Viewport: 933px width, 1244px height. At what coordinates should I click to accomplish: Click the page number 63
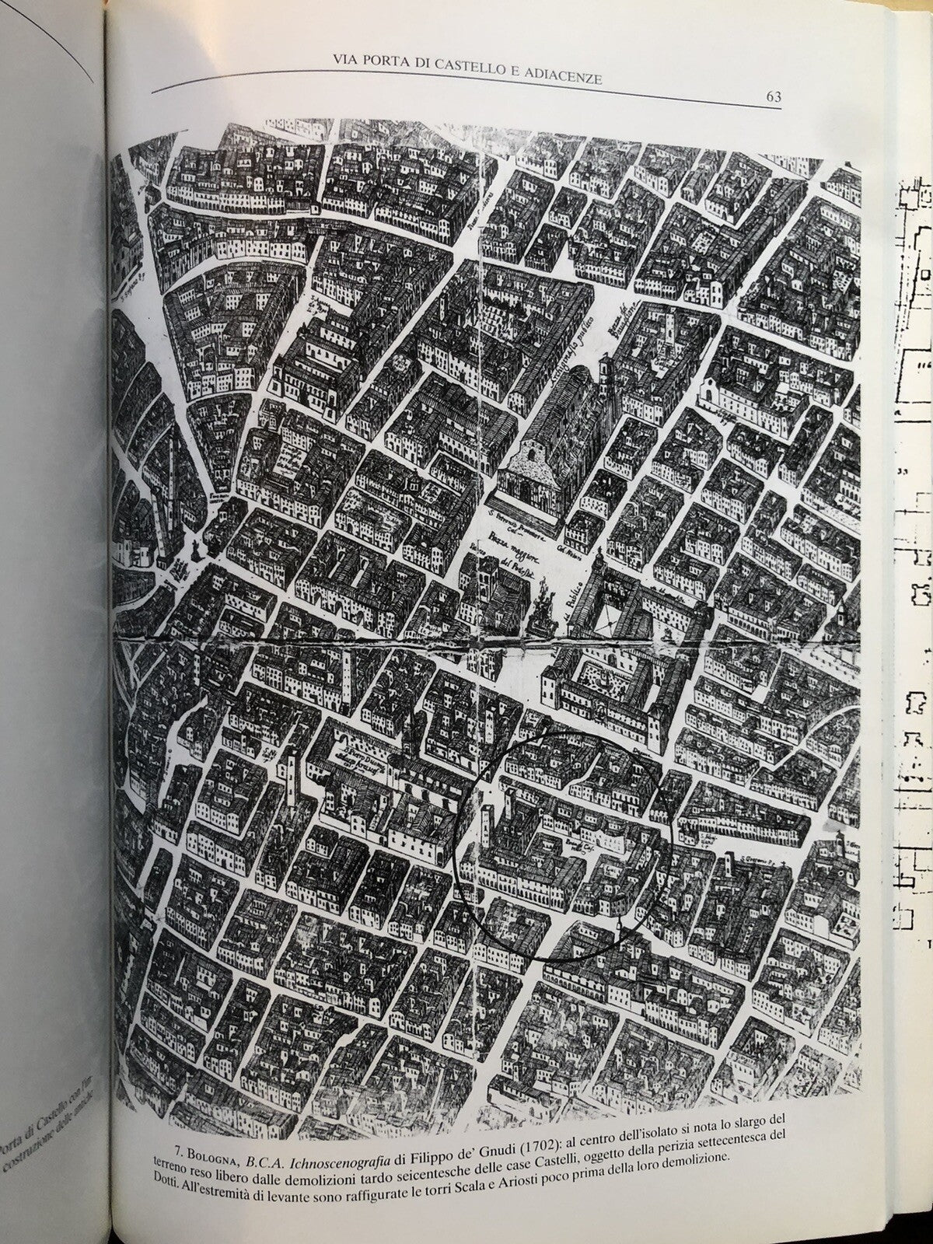click(x=773, y=96)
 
